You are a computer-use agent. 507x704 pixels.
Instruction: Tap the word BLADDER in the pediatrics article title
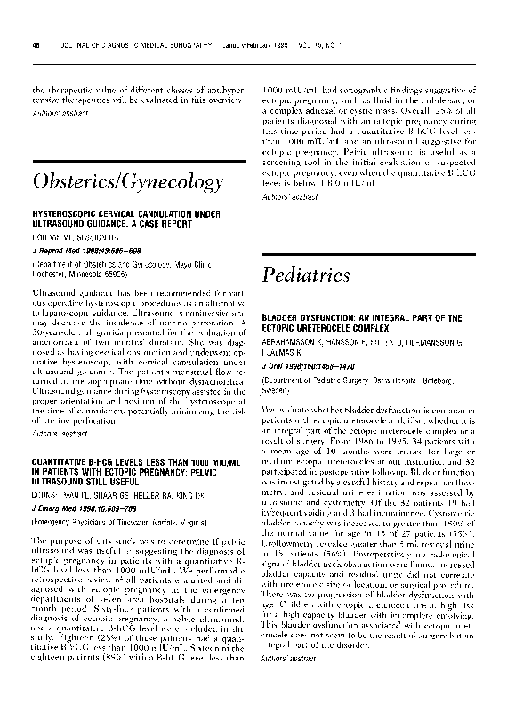[286, 317]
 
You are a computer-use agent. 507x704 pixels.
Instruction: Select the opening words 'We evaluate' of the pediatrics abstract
[285, 408]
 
